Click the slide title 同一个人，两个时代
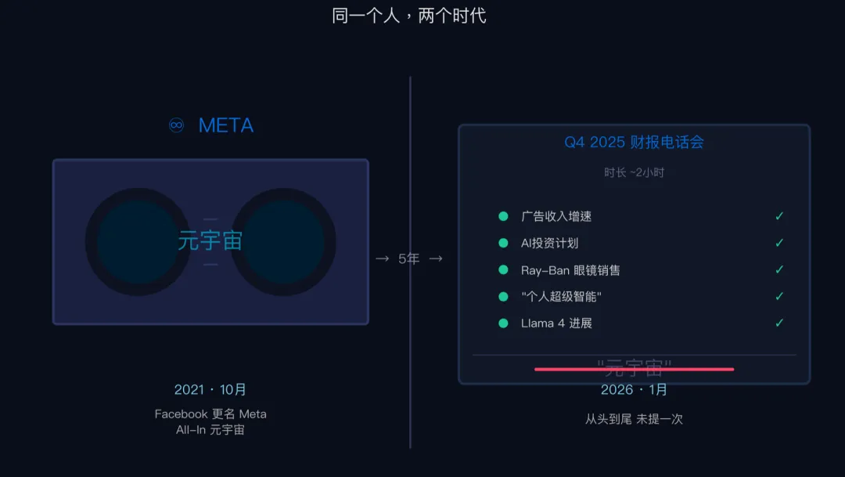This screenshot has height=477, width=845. point(409,16)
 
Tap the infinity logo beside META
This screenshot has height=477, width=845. point(177,125)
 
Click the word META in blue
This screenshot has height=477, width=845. point(226,125)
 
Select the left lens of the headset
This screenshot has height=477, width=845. point(138,241)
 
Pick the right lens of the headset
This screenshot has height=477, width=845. point(283,241)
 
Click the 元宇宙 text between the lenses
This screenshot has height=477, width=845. point(210,240)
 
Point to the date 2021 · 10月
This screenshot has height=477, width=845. point(210,389)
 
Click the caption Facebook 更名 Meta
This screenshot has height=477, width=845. point(210,414)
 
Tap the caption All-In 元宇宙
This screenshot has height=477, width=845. point(210,429)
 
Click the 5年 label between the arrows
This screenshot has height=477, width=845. point(409,258)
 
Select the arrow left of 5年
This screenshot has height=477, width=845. point(382,258)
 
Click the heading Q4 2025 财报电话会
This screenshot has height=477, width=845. point(634,142)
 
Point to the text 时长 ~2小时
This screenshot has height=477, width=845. point(634,172)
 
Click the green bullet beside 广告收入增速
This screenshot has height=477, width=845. point(503,216)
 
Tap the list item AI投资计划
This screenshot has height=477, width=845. point(549,243)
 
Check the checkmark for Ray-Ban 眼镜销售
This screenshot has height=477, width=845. point(779,269)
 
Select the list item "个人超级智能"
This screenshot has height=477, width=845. point(561,296)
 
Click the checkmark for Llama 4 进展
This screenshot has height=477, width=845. point(779,323)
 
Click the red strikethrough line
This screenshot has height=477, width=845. point(634,369)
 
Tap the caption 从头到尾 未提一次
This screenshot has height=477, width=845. point(634,419)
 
